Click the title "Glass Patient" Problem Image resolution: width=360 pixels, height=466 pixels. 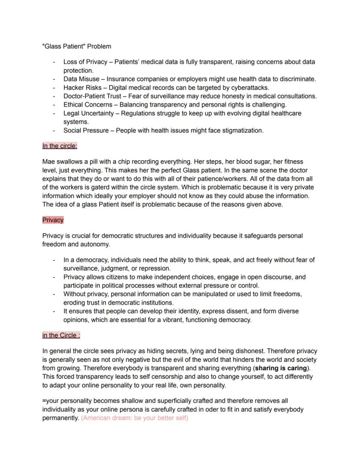click(x=77, y=47)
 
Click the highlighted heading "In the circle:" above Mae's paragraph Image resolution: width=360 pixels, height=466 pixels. click(x=60, y=146)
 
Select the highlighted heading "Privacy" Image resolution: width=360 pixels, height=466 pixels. click(x=53, y=220)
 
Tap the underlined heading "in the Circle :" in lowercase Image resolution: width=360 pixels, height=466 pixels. click(x=61, y=335)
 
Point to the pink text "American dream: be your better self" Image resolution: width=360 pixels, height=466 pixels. click(x=134, y=418)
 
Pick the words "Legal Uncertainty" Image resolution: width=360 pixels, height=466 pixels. click(x=90, y=113)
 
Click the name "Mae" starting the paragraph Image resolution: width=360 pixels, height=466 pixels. click(x=49, y=161)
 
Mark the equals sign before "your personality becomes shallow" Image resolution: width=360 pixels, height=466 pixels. click(x=44, y=401)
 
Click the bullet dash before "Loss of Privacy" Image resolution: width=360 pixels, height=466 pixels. click(x=54, y=62)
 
